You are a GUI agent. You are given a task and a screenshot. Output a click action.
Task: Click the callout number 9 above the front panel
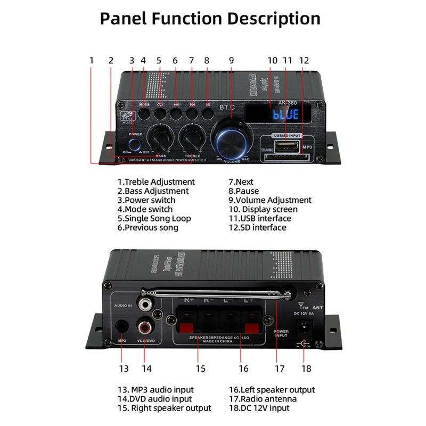click(x=231, y=61)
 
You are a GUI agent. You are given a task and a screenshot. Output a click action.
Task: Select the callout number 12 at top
click(x=304, y=61)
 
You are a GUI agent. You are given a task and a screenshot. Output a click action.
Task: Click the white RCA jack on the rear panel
click(x=144, y=305)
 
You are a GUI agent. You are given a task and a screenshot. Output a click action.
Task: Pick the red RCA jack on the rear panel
click(x=144, y=324)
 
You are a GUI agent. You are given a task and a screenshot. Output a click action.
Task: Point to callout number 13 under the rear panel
click(x=124, y=368)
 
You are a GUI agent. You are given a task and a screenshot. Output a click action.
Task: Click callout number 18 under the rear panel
click(x=306, y=368)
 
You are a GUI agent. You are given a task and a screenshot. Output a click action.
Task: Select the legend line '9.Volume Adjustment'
click(x=269, y=200)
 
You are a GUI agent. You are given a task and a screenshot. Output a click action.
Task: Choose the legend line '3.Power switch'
click(x=146, y=200)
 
